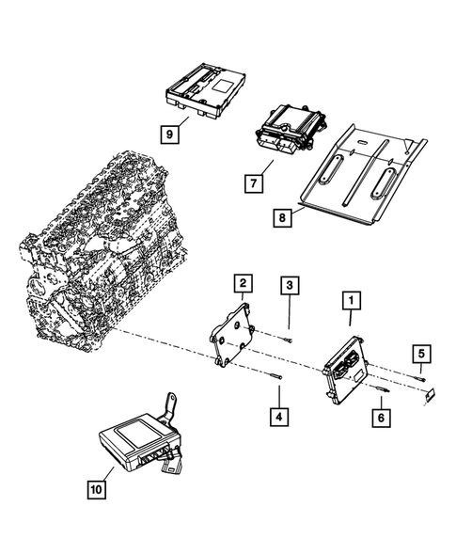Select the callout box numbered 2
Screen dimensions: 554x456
click(x=243, y=282)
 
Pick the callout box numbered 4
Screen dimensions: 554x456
click(x=278, y=413)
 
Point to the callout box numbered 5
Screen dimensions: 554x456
click(x=421, y=354)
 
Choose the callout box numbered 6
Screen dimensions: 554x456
click(x=381, y=415)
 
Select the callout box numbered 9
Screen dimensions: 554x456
click(x=169, y=135)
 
